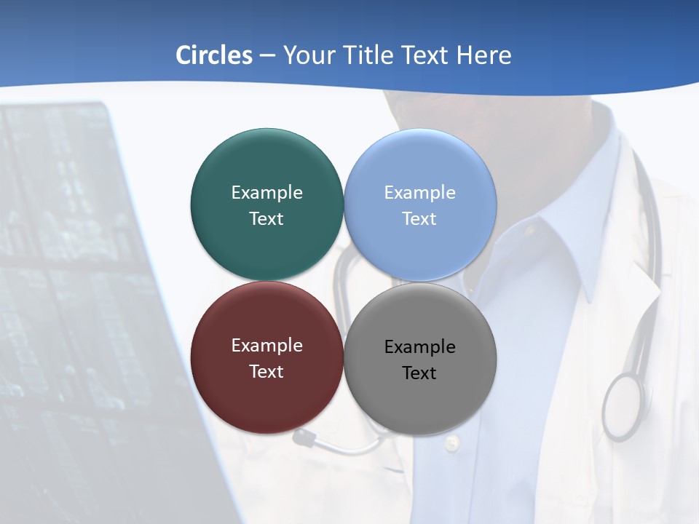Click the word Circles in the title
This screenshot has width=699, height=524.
coord(213,55)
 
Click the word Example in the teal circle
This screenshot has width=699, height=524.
coord(266,192)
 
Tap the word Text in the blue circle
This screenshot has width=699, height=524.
coord(419,218)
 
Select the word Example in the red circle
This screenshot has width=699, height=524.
coord(266,345)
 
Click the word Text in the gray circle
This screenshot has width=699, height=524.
coord(419,373)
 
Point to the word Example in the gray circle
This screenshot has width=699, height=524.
coord(419,346)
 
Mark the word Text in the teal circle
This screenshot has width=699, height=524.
coord(266,218)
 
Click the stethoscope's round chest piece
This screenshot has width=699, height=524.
coord(623,406)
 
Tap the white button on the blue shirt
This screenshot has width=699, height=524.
coord(452,441)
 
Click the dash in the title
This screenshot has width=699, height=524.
coord(266,55)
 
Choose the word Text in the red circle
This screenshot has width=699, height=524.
coord(266,371)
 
